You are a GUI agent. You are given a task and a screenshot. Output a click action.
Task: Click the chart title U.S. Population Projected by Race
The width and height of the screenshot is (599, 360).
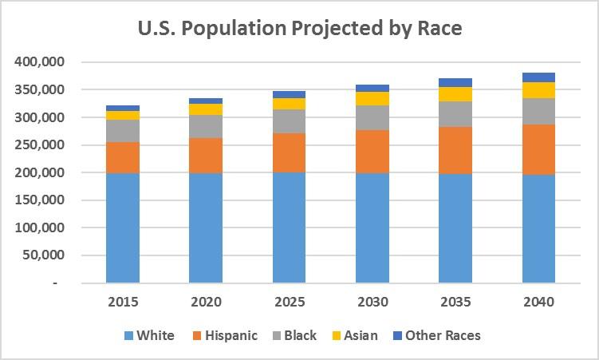300,29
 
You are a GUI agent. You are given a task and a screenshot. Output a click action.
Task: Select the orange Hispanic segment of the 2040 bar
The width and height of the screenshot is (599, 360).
538,149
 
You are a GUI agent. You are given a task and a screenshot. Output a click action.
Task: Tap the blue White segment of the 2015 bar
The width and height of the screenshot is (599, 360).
123,228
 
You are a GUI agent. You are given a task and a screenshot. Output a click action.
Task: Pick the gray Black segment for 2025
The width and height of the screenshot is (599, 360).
290,121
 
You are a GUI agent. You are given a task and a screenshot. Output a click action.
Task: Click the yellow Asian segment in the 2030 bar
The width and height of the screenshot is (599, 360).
372,99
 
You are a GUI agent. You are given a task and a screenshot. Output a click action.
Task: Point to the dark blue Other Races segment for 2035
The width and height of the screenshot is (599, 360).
455,82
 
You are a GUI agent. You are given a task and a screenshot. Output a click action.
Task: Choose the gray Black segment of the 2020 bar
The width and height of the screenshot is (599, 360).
206,126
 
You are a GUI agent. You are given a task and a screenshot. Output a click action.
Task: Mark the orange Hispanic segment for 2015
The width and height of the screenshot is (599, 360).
123,158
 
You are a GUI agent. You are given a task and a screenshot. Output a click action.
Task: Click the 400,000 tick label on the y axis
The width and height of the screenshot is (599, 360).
39,61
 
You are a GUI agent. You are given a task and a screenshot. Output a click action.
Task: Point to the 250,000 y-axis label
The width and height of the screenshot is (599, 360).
39,144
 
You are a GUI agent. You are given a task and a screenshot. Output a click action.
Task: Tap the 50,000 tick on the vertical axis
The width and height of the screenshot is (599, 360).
43,255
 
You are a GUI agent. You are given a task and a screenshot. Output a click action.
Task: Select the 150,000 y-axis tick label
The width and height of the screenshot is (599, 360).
39,200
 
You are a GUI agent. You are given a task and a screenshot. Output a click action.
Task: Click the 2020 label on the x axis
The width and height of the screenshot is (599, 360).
206,302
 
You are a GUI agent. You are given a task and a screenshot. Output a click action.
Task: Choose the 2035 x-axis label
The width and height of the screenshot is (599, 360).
455,302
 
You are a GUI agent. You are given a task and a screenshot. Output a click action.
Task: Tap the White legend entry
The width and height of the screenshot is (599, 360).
149,335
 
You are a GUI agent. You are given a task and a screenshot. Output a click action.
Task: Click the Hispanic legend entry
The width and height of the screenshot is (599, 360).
225,335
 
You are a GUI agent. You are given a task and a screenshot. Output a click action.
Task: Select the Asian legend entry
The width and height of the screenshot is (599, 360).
355,335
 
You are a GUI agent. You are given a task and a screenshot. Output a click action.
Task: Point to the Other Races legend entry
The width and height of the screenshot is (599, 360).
436,335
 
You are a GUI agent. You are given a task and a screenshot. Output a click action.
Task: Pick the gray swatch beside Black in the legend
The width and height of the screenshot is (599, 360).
277,336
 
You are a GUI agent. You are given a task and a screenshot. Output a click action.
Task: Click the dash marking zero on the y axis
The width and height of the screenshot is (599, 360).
55,283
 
